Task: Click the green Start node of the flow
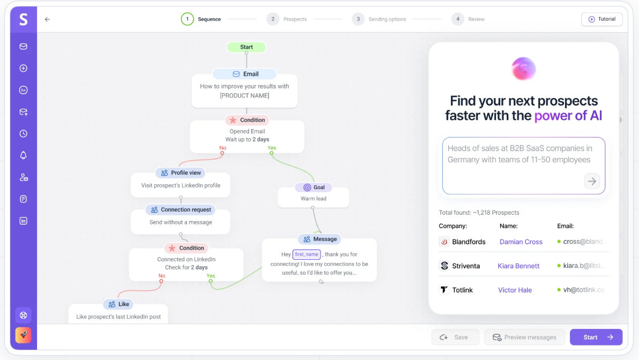point(246,47)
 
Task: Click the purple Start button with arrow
point(596,337)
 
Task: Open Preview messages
point(524,337)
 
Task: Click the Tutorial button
point(602,19)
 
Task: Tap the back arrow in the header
point(47,19)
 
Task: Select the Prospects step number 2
point(273,19)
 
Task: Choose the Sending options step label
point(387,19)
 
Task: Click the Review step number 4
point(457,19)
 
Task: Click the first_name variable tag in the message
point(306,254)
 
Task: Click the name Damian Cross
point(521,242)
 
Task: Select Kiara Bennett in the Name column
point(518,266)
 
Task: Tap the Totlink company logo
point(444,290)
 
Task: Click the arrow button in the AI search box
point(592,181)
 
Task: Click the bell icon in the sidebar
point(23,155)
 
